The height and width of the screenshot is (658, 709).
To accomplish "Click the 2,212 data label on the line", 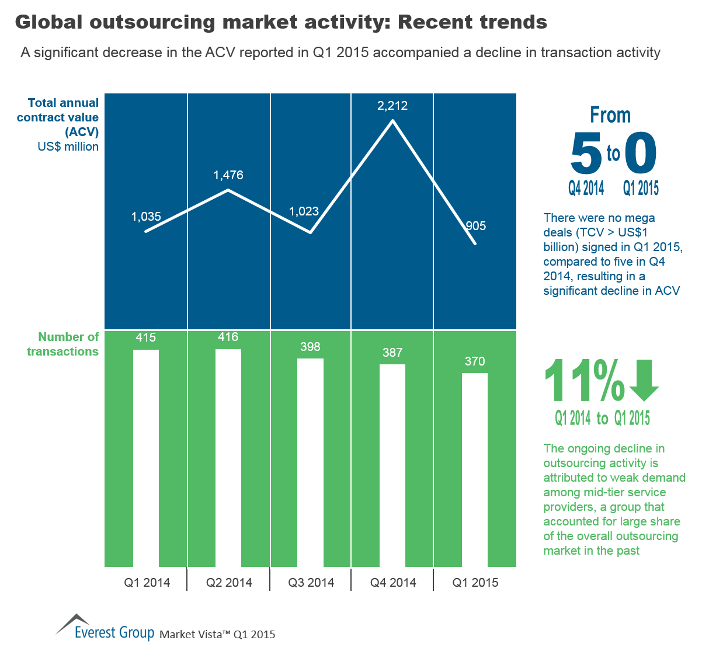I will pos(392,106).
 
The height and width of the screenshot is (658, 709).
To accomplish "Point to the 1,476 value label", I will pos(228,175).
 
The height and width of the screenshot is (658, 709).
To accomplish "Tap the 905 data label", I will pos(476,226).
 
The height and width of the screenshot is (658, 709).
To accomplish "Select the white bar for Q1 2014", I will pos(146,458).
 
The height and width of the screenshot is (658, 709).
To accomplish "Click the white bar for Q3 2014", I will pos(310,462).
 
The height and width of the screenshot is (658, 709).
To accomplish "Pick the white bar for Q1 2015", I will pos(475,469).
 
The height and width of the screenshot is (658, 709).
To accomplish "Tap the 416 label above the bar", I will pos(228,337).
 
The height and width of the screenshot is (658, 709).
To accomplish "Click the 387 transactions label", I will pos(392,352).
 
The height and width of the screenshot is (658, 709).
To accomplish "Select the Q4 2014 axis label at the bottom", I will pos(393,582).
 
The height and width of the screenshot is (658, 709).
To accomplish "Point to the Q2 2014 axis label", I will pos(229,582).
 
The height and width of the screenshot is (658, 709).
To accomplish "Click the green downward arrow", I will pos(644,381).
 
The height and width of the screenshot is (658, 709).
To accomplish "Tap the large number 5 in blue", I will pos(586,154).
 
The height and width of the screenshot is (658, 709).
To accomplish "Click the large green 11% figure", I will pos(584,381).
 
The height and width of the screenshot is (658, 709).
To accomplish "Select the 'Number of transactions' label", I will pos(63,344).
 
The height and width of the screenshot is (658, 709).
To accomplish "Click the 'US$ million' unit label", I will pos(68,147).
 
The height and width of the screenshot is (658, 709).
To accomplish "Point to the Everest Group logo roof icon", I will pos(72,623).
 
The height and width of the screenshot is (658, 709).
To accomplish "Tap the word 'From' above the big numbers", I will pos(610,115).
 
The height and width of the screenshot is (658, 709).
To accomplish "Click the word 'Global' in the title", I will pos(50,22).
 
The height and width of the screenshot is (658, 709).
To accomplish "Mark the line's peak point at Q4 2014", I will pos(392,120).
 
